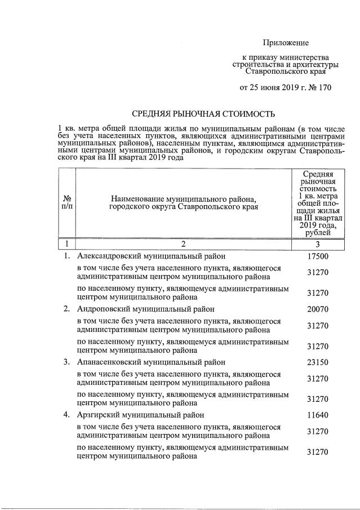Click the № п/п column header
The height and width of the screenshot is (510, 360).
coord(67,203)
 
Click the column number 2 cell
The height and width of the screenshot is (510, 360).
coord(183,244)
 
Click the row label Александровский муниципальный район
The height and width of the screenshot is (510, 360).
coord(151,257)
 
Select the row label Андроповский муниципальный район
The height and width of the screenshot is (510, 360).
coord(145,309)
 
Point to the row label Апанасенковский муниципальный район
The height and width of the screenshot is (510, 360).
coord(152,362)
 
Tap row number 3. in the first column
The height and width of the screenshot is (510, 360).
coord(66,362)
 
